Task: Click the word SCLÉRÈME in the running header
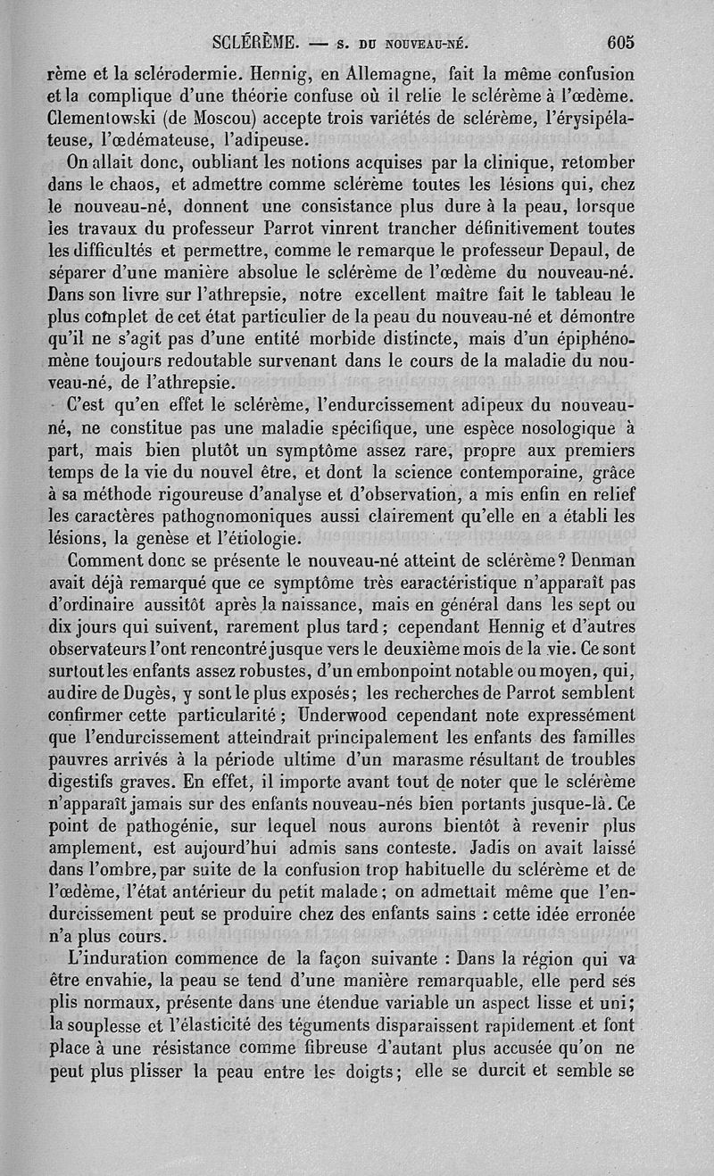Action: click(255, 41)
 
